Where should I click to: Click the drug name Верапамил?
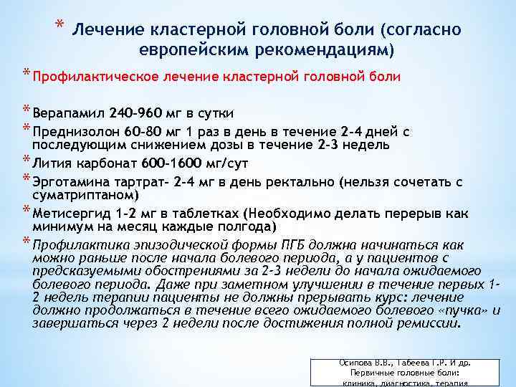point(67,113)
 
